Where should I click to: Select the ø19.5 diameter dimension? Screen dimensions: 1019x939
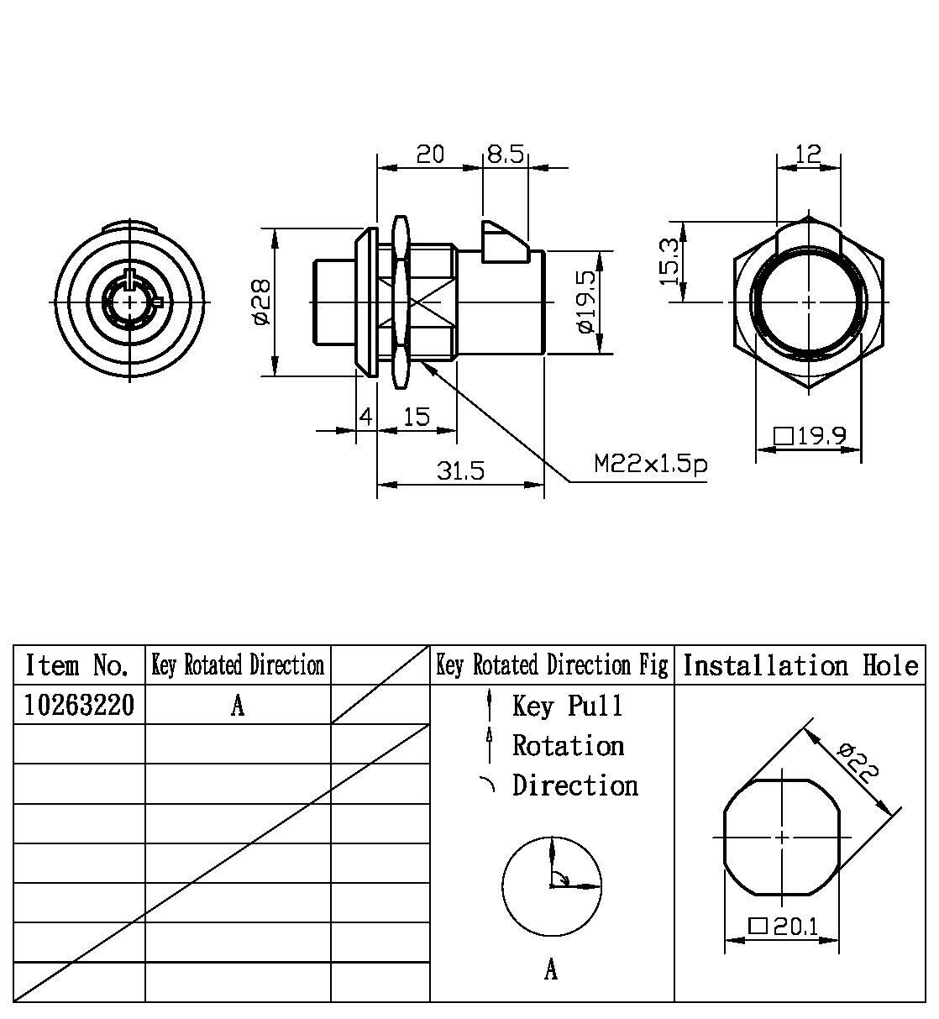586,303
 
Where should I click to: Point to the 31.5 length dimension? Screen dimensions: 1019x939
460,471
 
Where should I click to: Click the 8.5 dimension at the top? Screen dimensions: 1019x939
506,155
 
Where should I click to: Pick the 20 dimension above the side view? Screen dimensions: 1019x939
429,155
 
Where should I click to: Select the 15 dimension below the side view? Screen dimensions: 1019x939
416,417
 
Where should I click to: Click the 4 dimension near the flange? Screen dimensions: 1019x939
365,417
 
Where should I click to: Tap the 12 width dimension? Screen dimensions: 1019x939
807,154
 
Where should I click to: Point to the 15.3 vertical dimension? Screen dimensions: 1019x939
669,261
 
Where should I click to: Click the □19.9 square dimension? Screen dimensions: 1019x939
809,436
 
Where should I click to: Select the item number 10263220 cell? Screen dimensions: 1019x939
79,706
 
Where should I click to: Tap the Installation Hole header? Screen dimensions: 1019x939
800,665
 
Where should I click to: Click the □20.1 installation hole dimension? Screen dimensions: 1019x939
783,927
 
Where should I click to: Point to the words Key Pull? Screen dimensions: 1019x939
568,706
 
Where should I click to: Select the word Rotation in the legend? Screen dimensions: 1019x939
568,745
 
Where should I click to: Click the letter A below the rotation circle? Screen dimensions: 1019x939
551,970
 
